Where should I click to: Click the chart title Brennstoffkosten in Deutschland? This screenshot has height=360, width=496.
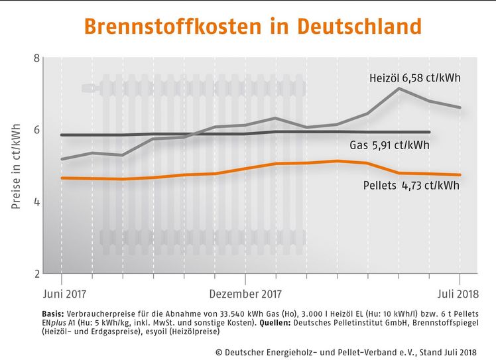click(x=252, y=27)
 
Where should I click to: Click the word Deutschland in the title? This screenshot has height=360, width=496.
click(x=359, y=27)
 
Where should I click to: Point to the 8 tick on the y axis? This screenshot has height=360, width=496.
click(x=36, y=58)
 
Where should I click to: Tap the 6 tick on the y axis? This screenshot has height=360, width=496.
click(x=36, y=129)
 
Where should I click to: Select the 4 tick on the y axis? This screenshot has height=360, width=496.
click(x=36, y=202)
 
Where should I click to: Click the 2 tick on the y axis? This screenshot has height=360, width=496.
click(x=36, y=273)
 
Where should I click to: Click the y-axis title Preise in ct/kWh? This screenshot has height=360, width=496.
click(x=16, y=166)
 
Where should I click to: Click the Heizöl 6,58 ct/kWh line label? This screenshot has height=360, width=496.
click(x=414, y=78)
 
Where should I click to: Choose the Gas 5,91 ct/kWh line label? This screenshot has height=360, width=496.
click(x=389, y=145)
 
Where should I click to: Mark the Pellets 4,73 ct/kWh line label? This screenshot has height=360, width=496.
click(x=411, y=186)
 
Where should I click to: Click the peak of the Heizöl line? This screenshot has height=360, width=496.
click(x=399, y=88)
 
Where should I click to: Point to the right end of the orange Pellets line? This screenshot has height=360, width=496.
click(x=460, y=175)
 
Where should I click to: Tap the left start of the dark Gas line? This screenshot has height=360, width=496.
click(x=61, y=135)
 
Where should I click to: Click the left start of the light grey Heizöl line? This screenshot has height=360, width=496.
click(x=61, y=159)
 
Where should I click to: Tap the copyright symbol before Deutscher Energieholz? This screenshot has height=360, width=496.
click(x=219, y=351)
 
